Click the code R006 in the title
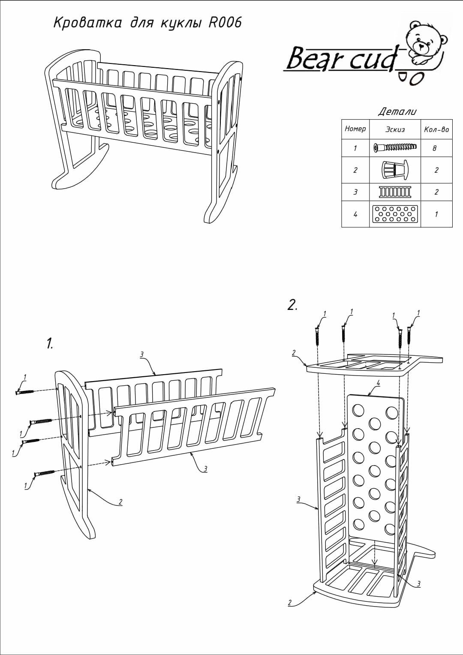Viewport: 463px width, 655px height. pyautogui.click(x=225, y=23)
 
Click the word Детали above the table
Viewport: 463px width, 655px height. pyautogui.click(x=397, y=112)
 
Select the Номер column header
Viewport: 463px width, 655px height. pyautogui.click(x=355, y=129)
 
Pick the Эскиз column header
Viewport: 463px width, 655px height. pyautogui.click(x=395, y=129)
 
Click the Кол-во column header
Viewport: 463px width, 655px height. pyautogui.click(x=436, y=129)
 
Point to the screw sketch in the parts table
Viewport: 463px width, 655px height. pyautogui.click(x=394, y=148)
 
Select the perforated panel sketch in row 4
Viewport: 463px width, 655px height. pyautogui.click(x=394, y=214)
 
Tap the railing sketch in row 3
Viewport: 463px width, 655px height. pyautogui.click(x=394, y=192)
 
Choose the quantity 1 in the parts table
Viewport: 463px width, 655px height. pyautogui.click(x=436, y=214)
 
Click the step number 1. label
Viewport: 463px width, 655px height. pyautogui.click(x=50, y=343)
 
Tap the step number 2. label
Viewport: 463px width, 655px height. pyautogui.click(x=292, y=305)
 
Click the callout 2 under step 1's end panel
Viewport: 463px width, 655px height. pyautogui.click(x=121, y=502)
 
